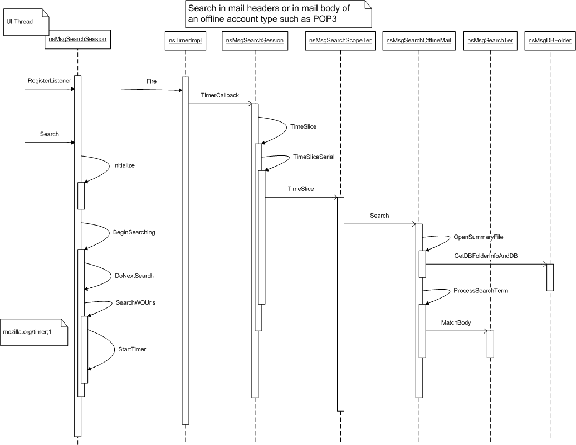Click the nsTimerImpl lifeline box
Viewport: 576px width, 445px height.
[185, 41]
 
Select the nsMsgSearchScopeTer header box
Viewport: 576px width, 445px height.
[340, 41]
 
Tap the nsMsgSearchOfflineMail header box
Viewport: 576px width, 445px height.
[418, 41]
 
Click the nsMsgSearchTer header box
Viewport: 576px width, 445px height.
[490, 41]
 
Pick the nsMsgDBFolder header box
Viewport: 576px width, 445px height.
[550, 41]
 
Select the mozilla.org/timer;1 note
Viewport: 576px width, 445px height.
[34, 332]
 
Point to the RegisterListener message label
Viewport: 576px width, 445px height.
[49, 81]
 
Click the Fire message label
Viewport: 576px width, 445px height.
[152, 81]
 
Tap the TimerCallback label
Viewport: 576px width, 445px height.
[219, 95]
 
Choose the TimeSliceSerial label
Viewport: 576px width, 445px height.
[314, 157]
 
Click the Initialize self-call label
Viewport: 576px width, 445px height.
[124, 165]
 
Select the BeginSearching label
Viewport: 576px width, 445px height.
[134, 232]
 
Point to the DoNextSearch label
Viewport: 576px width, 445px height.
[134, 276]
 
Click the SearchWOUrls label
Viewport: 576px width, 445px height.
[135, 302]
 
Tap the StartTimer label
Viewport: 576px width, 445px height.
[132, 349]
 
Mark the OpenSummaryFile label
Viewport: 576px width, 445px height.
[479, 237]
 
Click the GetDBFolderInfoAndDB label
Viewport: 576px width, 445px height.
[486, 256]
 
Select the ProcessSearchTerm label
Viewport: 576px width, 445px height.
[481, 291]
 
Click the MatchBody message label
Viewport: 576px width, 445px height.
[456, 322]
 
